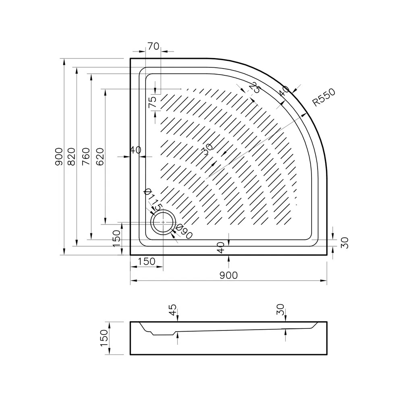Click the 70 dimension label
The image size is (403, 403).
(x=153, y=46)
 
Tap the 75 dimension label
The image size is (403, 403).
(x=152, y=102)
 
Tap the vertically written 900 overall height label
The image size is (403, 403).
(x=58, y=156)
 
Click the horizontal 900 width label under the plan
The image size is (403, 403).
(x=228, y=275)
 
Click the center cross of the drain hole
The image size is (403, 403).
(x=163, y=222)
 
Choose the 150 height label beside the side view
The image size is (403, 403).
(x=104, y=338)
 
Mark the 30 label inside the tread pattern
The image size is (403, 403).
(x=208, y=150)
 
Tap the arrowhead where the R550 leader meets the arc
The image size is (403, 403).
(x=305, y=115)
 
